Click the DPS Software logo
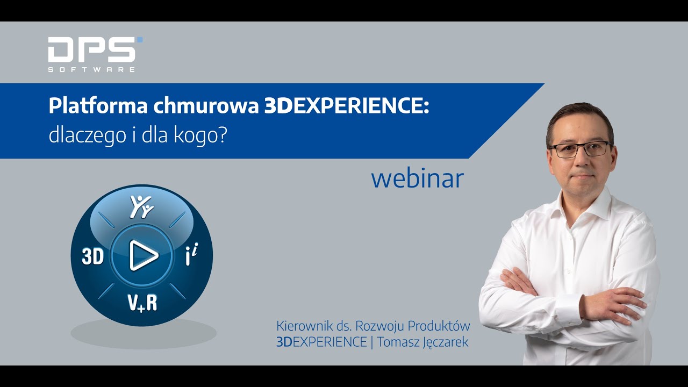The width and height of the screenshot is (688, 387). [x=91, y=54]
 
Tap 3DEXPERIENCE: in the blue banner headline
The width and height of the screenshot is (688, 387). [x=347, y=107]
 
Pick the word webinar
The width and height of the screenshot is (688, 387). [x=417, y=179]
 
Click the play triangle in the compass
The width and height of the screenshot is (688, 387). [x=143, y=256]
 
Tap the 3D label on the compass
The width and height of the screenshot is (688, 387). [x=92, y=257]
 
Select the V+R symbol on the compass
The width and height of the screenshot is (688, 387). [x=142, y=303]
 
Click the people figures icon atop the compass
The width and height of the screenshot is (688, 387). [x=142, y=206]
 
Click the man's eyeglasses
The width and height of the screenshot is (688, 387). [x=579, y=149]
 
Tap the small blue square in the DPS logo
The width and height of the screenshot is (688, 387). [x=140, y=40]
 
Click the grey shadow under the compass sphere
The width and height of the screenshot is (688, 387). [x=143, y=334]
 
